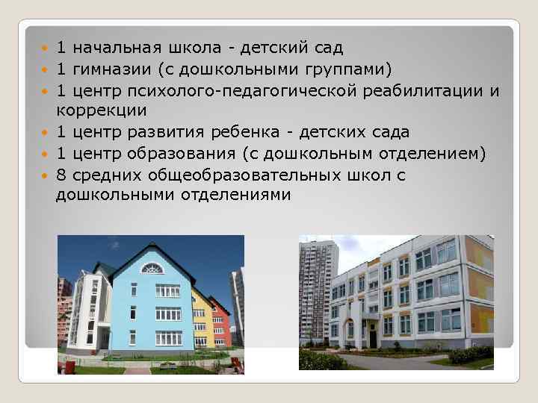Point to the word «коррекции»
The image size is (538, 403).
click(101, 110)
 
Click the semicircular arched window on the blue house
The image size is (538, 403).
click(152, 268)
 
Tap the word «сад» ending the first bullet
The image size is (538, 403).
click(329, 49)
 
